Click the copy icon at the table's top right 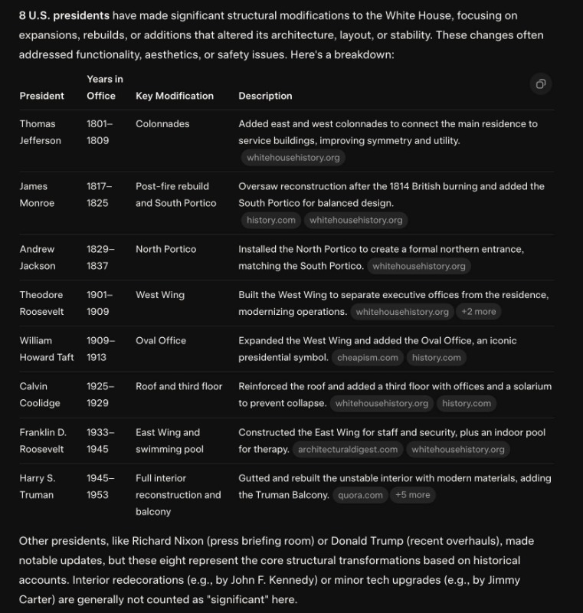click(541, 84)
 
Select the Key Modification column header click(175, 96)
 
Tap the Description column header click(265, 96)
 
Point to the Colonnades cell click(162, 123)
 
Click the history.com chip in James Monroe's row click(270, 220)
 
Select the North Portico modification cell click(165, 249)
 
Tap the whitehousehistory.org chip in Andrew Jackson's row click(419, 266)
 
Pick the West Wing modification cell click(160, 295)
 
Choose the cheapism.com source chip click(368, 357)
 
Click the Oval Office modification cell click(161, 340)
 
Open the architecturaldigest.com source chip click(348, 449)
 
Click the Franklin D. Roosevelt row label click(42, 441)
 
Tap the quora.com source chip click(360, 495)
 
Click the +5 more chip click(412, 495)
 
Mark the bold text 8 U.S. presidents click(64, 15)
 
